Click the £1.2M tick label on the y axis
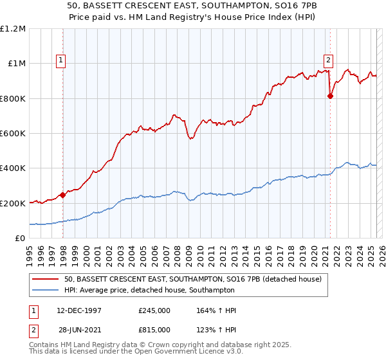13,29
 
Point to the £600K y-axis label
13,134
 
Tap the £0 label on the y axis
21,239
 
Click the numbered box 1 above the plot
60,61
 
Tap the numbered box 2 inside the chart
328,61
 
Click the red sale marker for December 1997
62,195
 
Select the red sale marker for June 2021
330,96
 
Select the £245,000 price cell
154,310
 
